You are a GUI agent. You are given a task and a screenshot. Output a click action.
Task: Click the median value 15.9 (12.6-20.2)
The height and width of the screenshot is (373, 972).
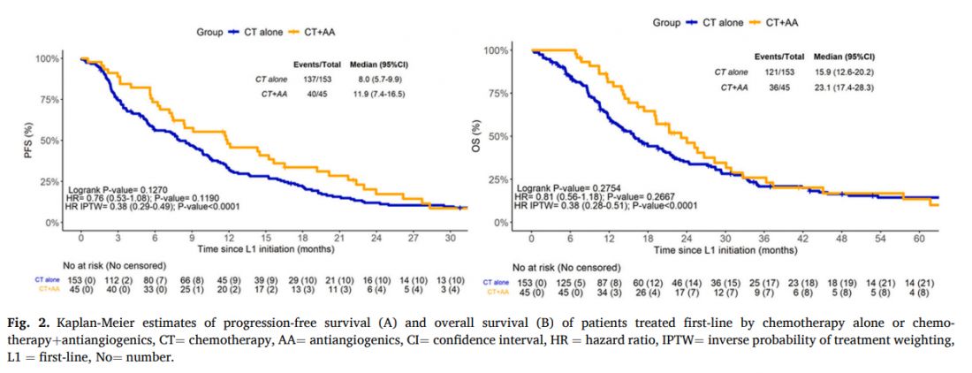click(847, 72)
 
